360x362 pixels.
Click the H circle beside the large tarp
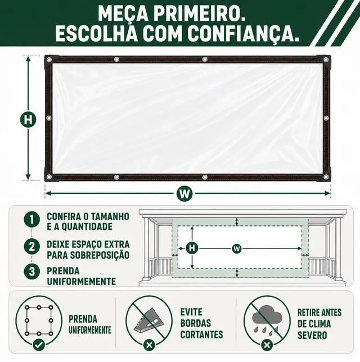(x=28, y=120)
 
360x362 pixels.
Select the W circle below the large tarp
(x=184, y=193)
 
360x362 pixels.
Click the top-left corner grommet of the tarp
(x=49, y=60)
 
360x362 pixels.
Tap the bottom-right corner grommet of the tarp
(x=326, y=177)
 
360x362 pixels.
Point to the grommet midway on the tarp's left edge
(x=49, y=119)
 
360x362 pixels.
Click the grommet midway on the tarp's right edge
(x=326, y=119)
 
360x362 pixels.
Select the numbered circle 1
(x=32, y=220)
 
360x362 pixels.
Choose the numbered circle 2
(x=32, y=246)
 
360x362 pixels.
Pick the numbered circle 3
(x=32, y=271)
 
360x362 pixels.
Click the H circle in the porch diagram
(x=192, y=248)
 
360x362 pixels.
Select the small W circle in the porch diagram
(x=236, y=248)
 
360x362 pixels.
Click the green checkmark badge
(x=39, y=345)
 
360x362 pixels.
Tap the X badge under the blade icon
(x=149, y=345)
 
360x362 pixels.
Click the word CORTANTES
(x=202, y=334)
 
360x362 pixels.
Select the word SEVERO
(x=312, y=335)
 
